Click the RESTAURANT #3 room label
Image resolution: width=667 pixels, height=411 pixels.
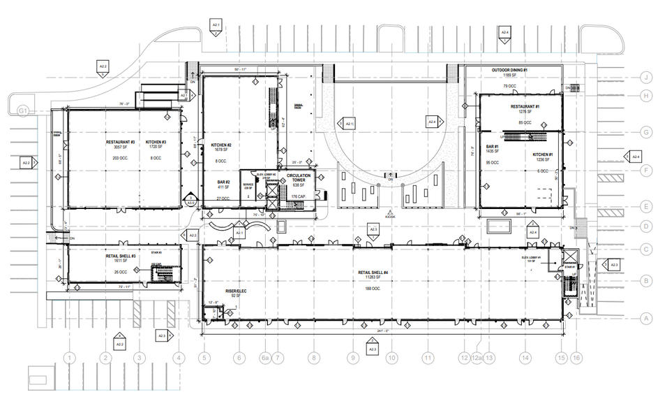(x=119, y=142)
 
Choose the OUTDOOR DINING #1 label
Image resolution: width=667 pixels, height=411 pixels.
(x=514, y=71)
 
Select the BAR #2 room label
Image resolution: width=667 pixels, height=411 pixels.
(x=223, y=182)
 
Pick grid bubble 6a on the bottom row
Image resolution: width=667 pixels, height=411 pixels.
(x=265, y=358)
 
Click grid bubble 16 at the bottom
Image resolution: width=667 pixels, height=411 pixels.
(x=576, y=358)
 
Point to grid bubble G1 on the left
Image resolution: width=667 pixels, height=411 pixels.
(x=22, y=110)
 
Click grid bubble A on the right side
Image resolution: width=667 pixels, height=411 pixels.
(x=647, y=319)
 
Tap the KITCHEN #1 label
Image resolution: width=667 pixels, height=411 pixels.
(x=543, y=154)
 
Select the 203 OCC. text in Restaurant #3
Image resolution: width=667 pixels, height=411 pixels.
(x=119, y=159)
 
